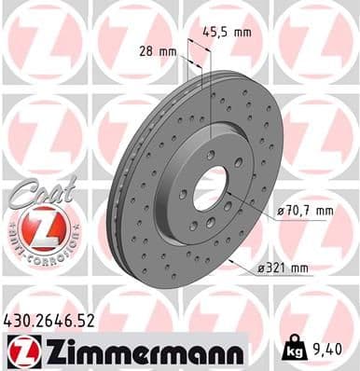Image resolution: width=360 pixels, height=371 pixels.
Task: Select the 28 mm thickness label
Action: point(158,52)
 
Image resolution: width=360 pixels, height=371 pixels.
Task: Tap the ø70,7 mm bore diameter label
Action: point(307,211)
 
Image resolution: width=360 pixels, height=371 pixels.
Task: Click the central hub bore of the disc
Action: point(210,185)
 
